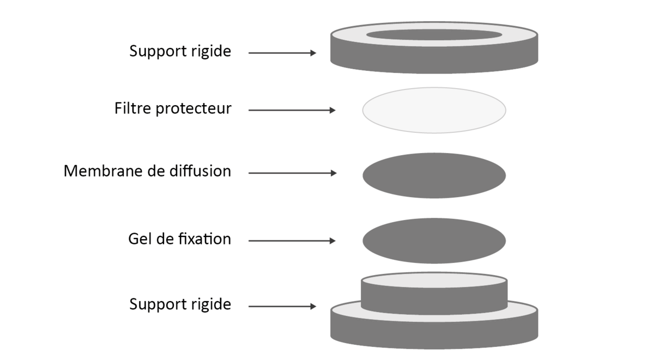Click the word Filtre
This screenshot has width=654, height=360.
(x=132, y=108)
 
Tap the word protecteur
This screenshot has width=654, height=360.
(x=193, y=109)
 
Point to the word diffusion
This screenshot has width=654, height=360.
(x=201, y=171)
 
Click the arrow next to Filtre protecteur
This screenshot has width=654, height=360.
(x=292, y=110)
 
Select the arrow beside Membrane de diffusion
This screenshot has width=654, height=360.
(x=293, y=173)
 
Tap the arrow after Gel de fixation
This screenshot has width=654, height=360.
(x=292, y=241)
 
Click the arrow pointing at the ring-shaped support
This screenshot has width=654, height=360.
(x=282, y=53)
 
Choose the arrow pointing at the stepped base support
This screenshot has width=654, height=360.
(x=282, y=306)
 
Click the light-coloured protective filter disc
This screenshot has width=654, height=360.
(x=434, y=110)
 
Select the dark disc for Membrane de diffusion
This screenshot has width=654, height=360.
(x=434, y=175)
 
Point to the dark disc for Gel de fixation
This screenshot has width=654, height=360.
(x=434, y=241)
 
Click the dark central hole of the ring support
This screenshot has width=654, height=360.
(x=434, y=35)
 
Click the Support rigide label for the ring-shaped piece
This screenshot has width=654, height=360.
(x=180, y=52)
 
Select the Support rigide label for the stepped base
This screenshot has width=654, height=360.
(x=180, y=305)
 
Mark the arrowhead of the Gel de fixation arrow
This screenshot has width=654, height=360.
(x=332, y=241)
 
